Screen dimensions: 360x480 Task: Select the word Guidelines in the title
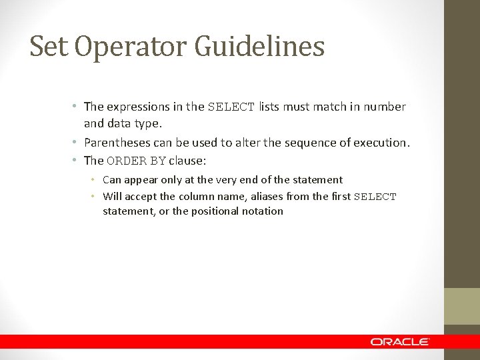point(260,47)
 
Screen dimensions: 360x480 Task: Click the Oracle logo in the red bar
point(400,341)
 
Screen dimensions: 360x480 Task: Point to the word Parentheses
point(116,143)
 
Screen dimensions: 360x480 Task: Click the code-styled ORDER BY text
point(136,161)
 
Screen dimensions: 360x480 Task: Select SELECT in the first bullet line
point(231,107)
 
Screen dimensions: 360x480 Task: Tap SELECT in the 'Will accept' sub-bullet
point(375,197)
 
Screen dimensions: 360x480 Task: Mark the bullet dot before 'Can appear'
point(96,180)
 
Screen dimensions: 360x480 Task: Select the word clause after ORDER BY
point(187,161)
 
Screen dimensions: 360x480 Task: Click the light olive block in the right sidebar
point(462,306)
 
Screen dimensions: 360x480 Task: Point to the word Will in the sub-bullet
point(111,197)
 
